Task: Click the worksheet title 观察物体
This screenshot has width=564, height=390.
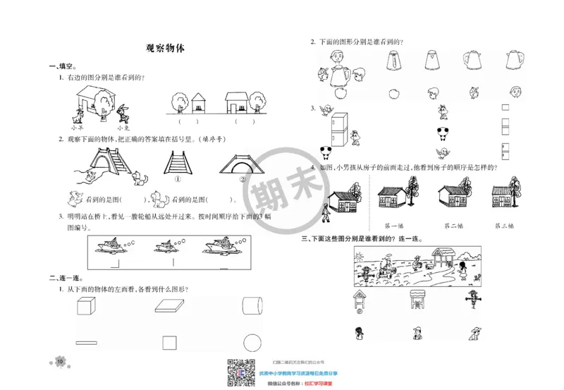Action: tap(164, 49)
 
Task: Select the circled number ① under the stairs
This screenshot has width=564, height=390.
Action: tap(178, 178)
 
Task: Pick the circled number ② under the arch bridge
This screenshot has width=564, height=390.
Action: tap(243, 178)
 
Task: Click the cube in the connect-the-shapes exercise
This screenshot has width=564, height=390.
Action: tap(84, 306)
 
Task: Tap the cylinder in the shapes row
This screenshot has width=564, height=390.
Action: tap(252, 306)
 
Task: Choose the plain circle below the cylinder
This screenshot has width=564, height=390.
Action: tap(252, 343)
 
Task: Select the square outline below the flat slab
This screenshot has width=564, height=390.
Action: tap(168, 343)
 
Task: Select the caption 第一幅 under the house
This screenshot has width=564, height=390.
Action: tap(393, 226)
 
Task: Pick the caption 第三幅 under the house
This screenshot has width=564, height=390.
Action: tap(503, 226)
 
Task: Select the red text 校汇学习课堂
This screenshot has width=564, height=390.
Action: tap(318, 384)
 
